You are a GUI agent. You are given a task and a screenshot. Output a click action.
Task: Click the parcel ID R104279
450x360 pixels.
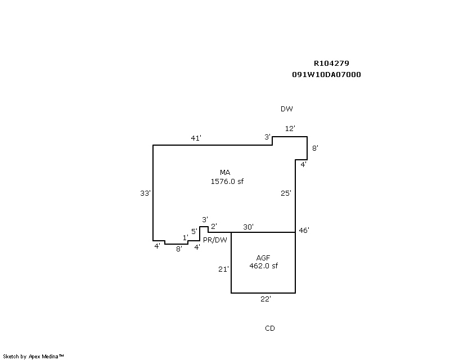pos(331,64)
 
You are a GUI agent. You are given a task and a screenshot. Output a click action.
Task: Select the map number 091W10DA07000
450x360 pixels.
pos(326,74)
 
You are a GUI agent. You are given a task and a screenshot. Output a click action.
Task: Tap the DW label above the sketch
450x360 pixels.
pos(287,109)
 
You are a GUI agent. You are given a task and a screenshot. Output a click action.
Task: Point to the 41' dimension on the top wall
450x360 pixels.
pos(196,138)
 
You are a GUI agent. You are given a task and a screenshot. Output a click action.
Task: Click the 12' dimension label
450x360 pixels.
pos(290,129)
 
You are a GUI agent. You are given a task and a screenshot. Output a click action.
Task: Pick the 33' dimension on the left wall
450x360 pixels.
pos(145,193)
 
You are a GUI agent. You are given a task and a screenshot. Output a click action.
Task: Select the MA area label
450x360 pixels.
pos(225,172)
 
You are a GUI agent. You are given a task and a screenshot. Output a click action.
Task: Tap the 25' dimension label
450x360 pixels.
pos(286,193)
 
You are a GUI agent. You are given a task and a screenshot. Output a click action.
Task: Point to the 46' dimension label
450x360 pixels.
pos(304,231)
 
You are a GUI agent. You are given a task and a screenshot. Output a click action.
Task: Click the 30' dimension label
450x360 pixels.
pos(248,227)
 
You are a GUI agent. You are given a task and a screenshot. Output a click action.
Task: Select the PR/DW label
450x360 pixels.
pos(215,239)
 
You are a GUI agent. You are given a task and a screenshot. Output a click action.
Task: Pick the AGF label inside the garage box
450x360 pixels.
pos(263,258)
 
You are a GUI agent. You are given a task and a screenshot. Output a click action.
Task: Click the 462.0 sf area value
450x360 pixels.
pos(263,266)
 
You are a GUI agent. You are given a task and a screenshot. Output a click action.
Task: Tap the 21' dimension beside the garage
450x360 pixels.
pos(223,269)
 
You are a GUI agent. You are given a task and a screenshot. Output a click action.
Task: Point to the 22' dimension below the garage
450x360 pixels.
pos(265,299)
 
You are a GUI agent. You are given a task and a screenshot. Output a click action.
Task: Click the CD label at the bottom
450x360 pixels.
pos(269,328)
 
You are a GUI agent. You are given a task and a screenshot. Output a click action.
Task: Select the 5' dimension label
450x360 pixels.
pos(193,231)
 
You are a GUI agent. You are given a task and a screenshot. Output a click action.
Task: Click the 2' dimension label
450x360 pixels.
pos(214,226)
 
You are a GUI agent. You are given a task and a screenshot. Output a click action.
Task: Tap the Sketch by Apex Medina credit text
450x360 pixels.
pos(33,356)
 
